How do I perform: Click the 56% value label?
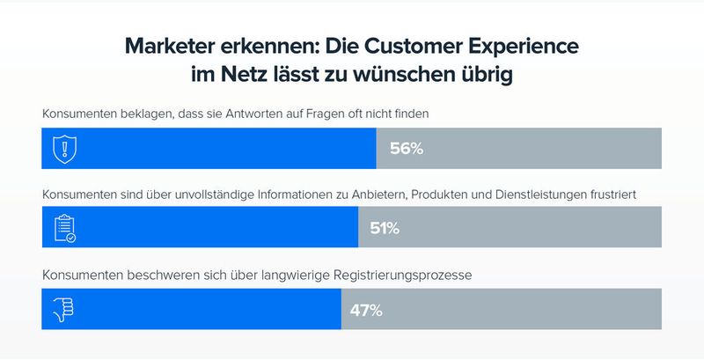coord(407,148)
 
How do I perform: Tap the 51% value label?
coord(385,229)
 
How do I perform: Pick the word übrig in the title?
coord(487,76)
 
